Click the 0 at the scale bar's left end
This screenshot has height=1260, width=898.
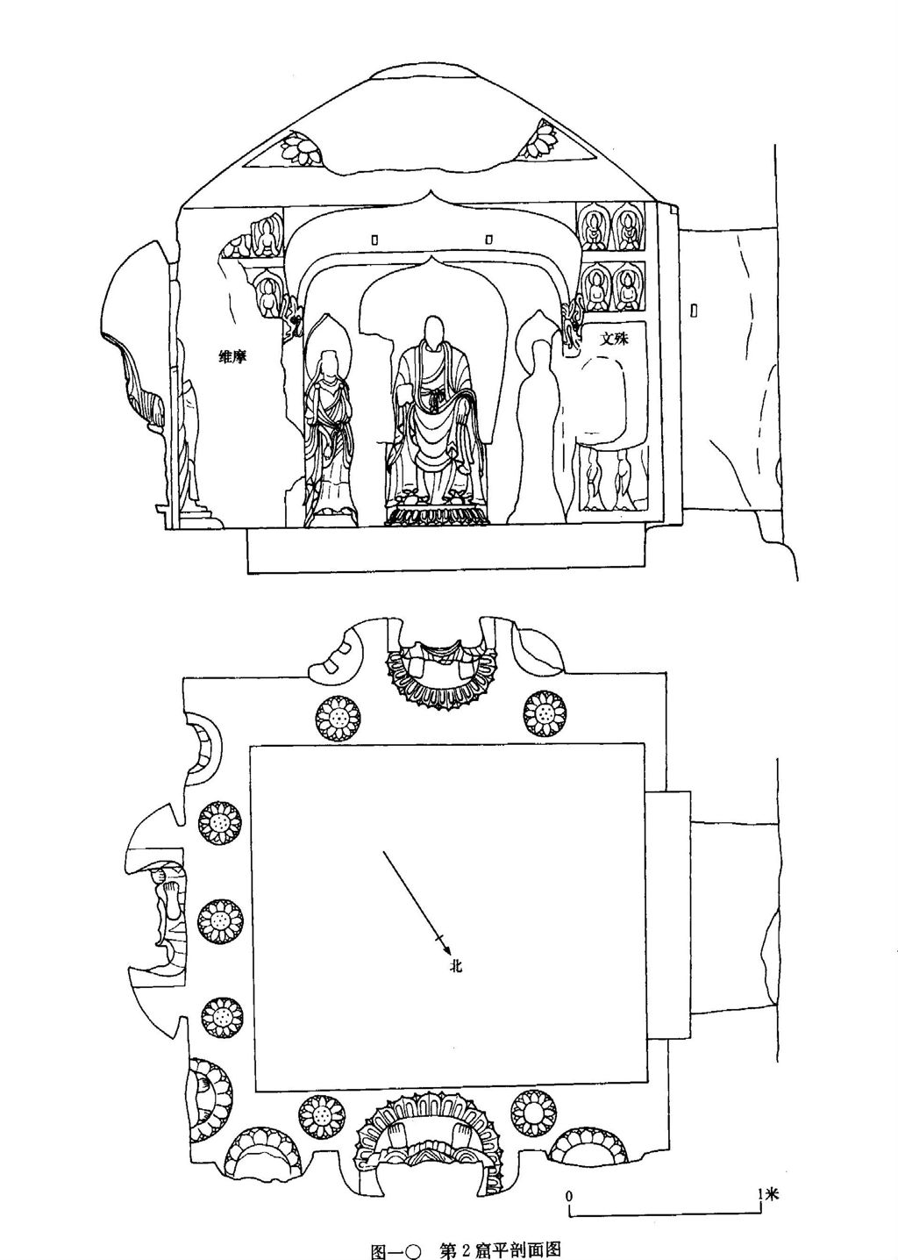569,1195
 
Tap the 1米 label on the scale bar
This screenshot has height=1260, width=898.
766,1194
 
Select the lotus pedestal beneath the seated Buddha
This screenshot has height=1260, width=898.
436,513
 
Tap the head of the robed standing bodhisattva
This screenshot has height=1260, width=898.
330,361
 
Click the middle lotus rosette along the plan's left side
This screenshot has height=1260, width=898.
220,920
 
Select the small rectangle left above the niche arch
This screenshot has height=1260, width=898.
375,239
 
